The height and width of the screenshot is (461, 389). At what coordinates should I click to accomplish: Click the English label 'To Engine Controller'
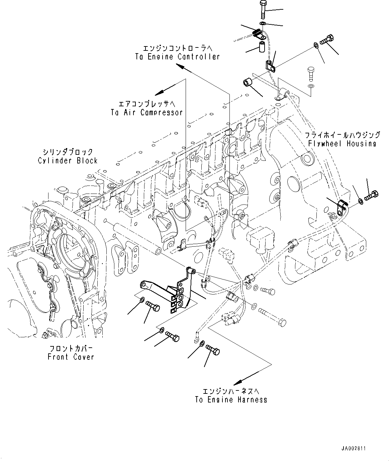click(x=177, y=56)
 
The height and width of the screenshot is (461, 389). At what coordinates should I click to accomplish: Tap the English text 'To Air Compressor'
click(x=147, y=112)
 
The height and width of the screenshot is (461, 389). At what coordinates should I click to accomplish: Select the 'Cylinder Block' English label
click(x=68, y=160)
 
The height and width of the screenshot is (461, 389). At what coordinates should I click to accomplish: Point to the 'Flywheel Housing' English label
click(x=342, y=143)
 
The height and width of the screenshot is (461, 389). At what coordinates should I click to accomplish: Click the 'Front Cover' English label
click(x=71, y=357)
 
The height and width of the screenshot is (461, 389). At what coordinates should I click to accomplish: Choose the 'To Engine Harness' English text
click(x=231, y=399)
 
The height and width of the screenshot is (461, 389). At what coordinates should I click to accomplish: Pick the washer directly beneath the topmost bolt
click(x=263, y=23)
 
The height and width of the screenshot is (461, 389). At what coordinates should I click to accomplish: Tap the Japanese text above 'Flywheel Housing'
click(x=342, y=135)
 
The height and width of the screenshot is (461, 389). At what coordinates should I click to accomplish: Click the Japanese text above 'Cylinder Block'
click(x=68, y=152)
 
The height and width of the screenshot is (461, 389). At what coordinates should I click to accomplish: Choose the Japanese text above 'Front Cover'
click(x=71, y=348)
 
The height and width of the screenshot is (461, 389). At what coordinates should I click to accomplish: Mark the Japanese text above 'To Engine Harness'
click(x=231, y=391)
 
